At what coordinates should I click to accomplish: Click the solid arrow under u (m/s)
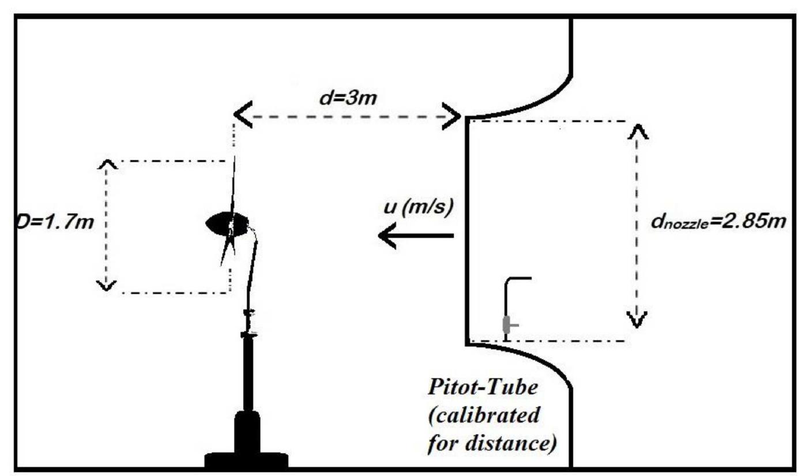(x=415, y=235)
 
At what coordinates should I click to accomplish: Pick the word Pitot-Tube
(x=483, y=388)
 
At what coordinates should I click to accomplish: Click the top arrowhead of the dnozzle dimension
(x=637, y=131)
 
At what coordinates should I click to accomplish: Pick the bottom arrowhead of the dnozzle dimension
(x=637, y=319)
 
